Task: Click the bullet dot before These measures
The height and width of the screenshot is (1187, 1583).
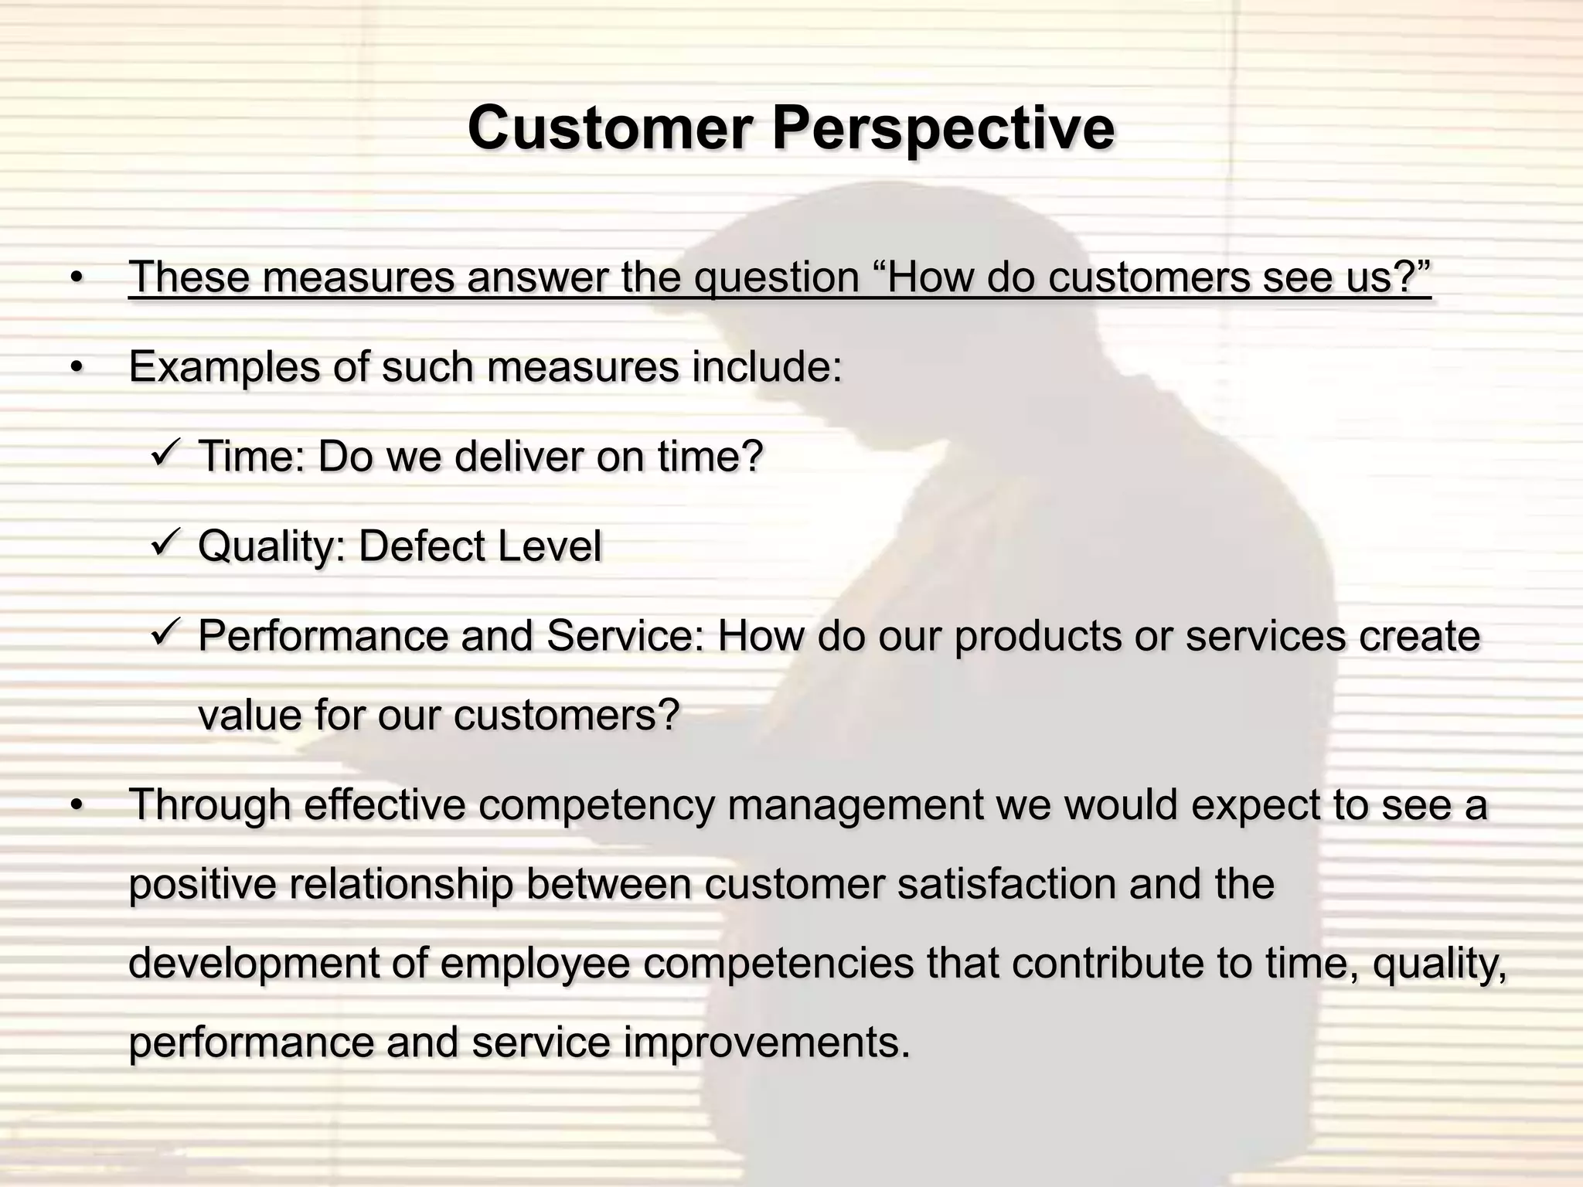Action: point(75,278)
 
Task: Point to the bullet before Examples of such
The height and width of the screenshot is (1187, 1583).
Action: point(75,368)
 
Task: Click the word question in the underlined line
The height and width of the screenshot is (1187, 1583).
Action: point(776,277)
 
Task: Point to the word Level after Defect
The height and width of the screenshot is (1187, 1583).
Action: point(549,546)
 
